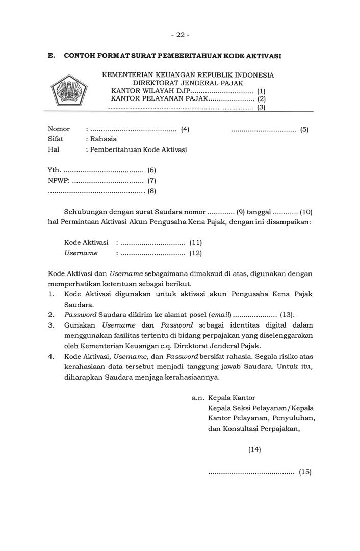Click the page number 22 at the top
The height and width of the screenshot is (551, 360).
point(180,35)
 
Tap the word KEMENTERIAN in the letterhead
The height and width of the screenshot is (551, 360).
point(128,75)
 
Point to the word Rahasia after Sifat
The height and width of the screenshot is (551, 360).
point(104,139)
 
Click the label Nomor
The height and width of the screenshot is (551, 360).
point(59,129)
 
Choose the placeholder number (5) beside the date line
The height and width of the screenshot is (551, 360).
point(304,130)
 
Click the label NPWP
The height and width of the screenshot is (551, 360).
point(57,181)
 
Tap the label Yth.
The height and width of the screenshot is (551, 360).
point(54,170)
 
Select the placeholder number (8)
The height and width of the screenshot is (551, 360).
point(151,191)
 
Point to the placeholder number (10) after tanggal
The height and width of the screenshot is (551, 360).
point(306,212)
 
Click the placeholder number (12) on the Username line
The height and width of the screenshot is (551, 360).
point(196,253)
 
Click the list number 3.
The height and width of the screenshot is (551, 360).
point(51,325)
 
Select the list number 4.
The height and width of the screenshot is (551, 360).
point(51,357)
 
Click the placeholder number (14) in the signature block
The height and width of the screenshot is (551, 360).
point(254,449)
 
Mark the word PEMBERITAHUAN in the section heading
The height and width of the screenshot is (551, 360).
point(186,55)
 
